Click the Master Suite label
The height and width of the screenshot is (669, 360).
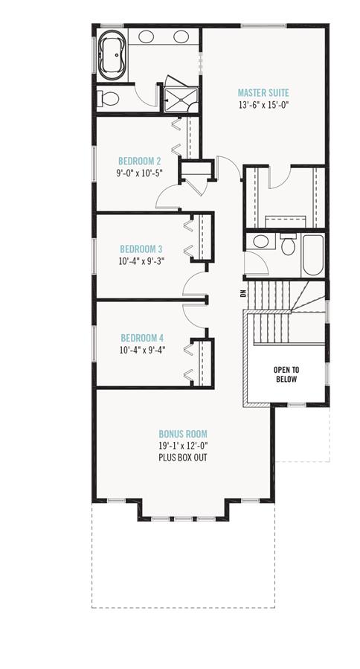tap(263, 92)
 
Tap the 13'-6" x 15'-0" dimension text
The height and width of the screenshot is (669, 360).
tap(264, 104)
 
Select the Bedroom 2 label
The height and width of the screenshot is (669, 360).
tap(140, 161)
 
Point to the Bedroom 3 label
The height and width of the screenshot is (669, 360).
tap(141, 249)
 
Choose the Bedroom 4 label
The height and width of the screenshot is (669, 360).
tap(142, 339)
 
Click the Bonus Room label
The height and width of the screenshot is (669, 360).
tap(183, 435)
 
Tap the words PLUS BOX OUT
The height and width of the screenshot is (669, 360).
tap(183, 458)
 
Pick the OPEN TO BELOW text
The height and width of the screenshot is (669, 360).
tap(286, 374)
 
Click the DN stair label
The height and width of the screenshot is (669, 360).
tap(243, 293)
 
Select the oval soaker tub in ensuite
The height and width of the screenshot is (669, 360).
tap(112, 55)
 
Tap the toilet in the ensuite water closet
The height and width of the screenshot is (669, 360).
tap(108, 99)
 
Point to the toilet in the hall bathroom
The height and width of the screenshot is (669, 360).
tap(289, 245)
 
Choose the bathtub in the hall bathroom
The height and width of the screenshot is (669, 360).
tap(312, 255)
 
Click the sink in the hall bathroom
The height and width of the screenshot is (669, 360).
tap(260, 242)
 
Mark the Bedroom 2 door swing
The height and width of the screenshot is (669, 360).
tap(167, 197)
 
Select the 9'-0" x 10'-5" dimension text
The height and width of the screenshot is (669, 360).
tap(141, 173)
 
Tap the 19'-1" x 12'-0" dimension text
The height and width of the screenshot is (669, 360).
tap(183, 446)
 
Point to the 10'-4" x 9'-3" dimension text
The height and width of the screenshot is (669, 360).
tap(141, 261)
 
